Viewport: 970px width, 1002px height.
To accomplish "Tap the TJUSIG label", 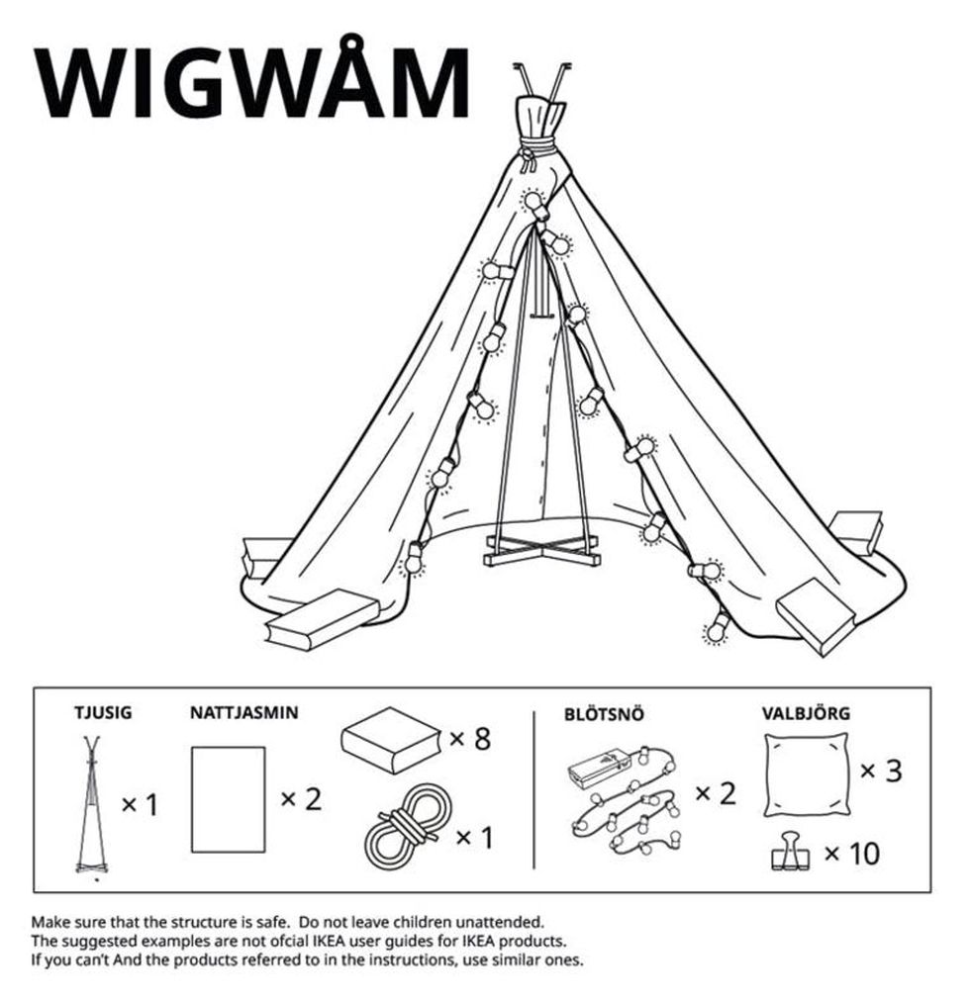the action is (103, 712).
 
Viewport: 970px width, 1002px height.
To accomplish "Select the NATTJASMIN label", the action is (244, 712).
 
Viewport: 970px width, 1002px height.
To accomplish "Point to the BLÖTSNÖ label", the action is (604, 714).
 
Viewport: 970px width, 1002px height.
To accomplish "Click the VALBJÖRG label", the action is (807, 713).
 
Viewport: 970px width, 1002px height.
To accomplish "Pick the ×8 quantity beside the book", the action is (470, 739).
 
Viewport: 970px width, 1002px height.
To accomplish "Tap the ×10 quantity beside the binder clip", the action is (852, 853).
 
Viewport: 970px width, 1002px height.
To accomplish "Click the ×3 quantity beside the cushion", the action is (881, 771).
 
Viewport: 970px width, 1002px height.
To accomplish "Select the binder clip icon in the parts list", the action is (789, 851).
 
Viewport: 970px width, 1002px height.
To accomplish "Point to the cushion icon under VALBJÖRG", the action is (807, 774).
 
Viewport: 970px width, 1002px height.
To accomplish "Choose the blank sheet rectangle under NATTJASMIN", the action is (229, 799).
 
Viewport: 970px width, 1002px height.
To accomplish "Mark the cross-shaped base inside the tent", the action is (542, 551).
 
